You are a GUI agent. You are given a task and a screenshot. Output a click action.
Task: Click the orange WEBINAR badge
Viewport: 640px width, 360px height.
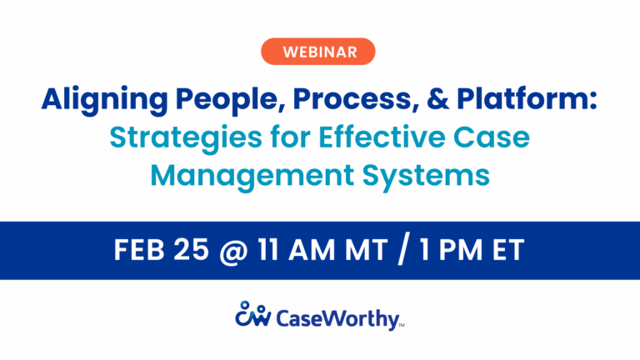click(319, 52)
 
